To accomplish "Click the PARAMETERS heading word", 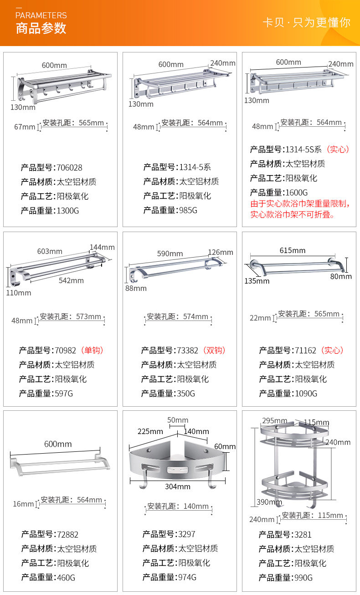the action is tap(41, 16).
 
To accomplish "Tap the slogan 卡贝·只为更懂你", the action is tap(306, 22).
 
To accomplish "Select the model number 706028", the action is tap(69, 167).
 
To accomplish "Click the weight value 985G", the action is tap(188, 210).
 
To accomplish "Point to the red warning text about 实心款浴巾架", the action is tap(300, 209).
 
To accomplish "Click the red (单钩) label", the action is tap(92, 350).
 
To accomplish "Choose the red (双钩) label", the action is tap(214, 350).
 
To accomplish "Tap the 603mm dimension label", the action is tap(50, 251).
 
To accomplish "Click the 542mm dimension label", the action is tap(71, 280).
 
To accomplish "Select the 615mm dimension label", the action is tap(293, 250).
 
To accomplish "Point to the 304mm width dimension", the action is tap(178, 486).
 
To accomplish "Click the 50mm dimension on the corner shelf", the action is tap(178, 420).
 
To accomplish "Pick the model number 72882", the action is tap(68, 534).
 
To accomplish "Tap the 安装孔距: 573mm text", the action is tap(71, 316).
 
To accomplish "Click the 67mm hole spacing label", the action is tap(25, 127).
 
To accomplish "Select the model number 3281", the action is tap(303, 534).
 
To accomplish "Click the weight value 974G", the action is tap(187, 577).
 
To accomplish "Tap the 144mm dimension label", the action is tap(102, 247).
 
